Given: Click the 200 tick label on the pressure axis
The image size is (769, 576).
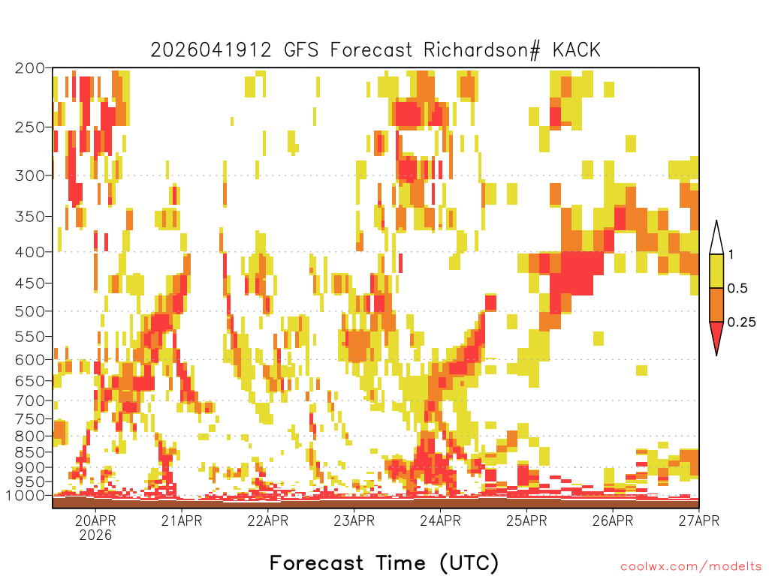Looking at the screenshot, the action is pos(29,68).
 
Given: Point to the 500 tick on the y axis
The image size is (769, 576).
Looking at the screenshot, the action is pos(29,311).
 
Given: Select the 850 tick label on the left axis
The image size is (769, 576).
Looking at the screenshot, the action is pos(29,452).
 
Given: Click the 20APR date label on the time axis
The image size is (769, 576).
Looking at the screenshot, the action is pos(95,520).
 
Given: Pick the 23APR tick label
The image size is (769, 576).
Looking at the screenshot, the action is pos(354,520).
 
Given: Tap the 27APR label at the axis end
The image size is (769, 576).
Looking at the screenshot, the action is pos(699,520).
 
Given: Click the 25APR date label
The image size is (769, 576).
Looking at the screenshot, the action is pos(526,520).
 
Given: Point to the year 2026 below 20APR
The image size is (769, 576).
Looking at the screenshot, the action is pos(95,535).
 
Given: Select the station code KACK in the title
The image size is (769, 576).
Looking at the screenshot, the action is pos(577,50).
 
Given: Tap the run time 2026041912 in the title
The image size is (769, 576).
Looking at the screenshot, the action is pos(211,50).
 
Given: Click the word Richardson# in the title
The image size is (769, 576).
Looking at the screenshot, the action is pos(482,50).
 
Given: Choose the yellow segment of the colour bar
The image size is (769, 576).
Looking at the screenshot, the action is pos(716,271).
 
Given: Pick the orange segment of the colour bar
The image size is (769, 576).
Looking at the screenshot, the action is pos(716,304).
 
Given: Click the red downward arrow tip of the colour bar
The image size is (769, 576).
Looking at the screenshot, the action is pos(716,355).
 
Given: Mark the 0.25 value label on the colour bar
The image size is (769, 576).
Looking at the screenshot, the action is pos(741,322).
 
